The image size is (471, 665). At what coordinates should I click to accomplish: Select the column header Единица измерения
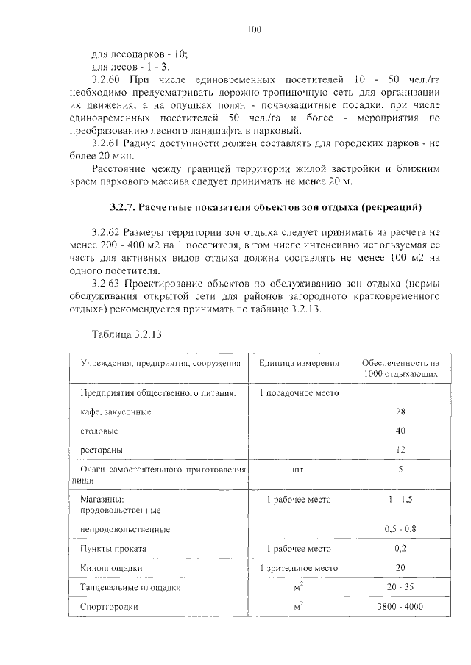click(299, 364)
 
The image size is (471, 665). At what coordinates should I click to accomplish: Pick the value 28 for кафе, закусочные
click(400, 411)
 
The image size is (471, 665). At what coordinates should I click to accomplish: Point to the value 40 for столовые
click(400, 430)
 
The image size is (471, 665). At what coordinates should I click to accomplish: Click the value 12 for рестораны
click(400, 448)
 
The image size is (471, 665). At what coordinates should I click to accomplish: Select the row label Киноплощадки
click(111, 568)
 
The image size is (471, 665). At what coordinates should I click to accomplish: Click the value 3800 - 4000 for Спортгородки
click(400, 607)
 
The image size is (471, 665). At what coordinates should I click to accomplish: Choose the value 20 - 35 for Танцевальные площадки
click(400, 587)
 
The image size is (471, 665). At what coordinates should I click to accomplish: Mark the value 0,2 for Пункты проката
click(400, 549)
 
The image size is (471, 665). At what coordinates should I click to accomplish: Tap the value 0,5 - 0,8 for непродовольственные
click(400, 528)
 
